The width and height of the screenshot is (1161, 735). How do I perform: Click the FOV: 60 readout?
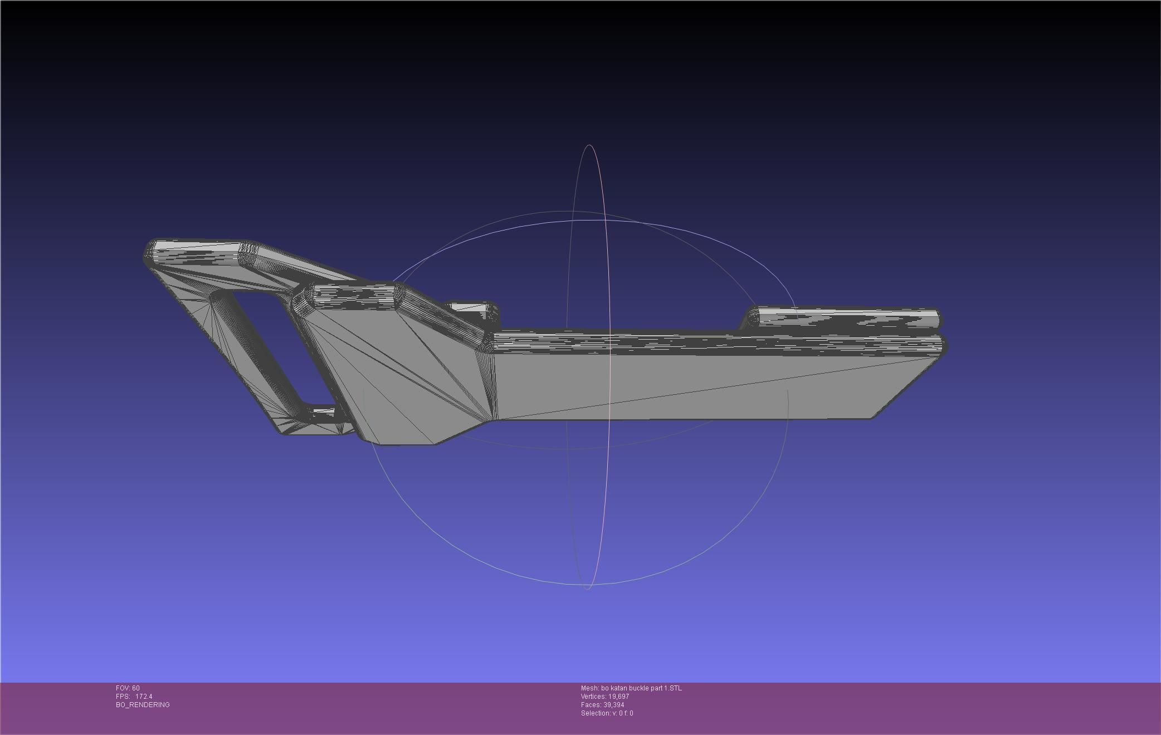(128, 688)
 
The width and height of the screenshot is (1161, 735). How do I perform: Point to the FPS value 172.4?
(144, 697)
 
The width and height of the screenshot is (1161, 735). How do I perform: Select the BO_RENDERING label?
(143, 705)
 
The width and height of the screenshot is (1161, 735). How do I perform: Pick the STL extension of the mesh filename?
(675, 688)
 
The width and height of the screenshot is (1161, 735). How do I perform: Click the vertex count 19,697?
(618, 697)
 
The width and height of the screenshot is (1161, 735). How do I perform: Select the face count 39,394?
(613, 705)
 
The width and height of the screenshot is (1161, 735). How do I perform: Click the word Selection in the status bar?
(594, 713)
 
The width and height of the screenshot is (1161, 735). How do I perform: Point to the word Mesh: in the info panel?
(590, 688)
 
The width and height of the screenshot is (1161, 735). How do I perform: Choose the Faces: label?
(591, 705)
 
